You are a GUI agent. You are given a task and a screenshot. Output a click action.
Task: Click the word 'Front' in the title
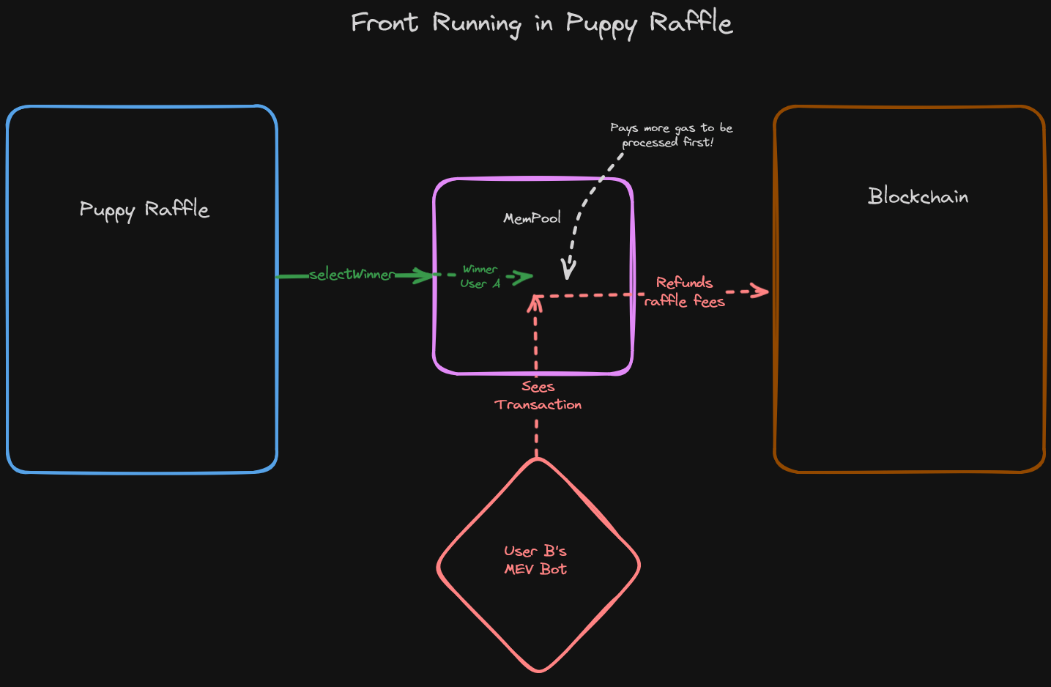[384, 23]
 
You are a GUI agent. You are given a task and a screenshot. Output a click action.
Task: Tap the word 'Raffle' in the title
[690, 23]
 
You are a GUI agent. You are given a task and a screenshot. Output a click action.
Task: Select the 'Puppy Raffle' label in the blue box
[144, 209]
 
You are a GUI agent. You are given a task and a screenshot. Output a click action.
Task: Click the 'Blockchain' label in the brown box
[918, 196]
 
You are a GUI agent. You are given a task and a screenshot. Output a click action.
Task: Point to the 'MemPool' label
[532, 218]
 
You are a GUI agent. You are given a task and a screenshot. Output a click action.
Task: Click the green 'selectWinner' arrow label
[352, 275]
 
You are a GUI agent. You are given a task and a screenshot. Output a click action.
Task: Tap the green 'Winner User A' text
[480, 277]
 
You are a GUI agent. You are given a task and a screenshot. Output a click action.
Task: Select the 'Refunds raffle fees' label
[684, 291]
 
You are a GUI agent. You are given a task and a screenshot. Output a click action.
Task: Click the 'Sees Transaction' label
[538, 396]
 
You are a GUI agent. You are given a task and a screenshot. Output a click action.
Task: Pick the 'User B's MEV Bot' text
[535, 560]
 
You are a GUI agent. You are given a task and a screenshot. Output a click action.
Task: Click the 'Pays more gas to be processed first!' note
[671, 135]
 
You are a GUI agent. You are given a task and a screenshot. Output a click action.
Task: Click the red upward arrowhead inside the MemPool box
[535, 301]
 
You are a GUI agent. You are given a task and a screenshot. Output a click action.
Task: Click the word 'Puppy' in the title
[601, 24]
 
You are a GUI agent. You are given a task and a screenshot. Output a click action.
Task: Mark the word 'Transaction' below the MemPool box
[538, 405]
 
